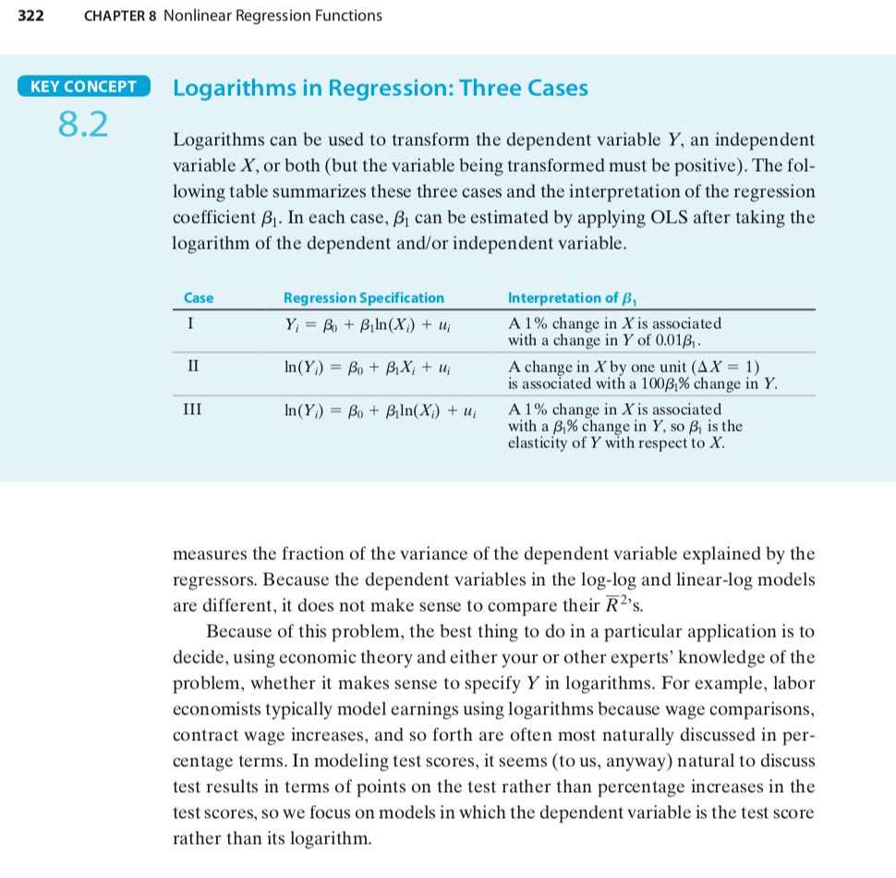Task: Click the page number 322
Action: tap(32, 16)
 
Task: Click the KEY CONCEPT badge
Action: tap(83, 87)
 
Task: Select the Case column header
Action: tap(199, 298)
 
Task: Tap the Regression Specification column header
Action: tap(363, 298)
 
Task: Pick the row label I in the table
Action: tap(190, 324)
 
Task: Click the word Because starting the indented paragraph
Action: tap(242, 632)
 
